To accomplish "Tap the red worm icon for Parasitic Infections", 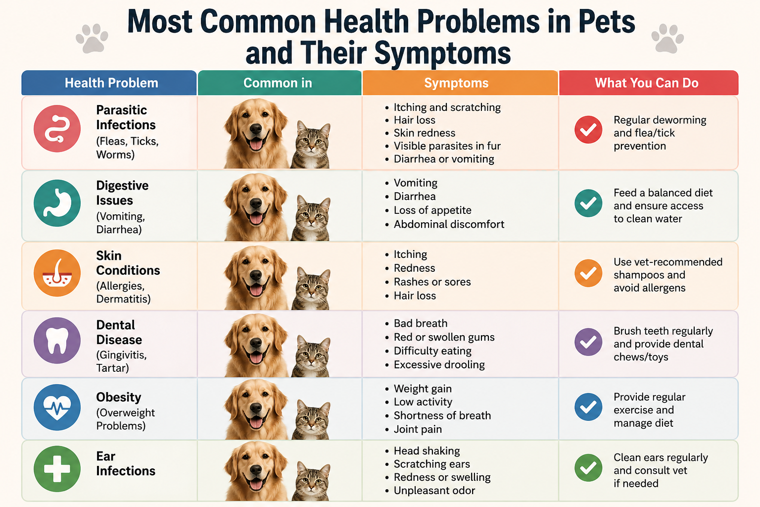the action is point(57,129).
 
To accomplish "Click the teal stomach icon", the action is point(57,203).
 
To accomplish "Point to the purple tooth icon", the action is point(57,341).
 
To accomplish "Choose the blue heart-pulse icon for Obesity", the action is point(57,407).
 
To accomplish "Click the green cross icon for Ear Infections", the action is point(57,469).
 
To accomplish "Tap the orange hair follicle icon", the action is point(57,273).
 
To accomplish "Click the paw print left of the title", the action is point(92,38).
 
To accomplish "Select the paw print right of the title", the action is point(667,38).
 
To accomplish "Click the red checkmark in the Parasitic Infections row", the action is point(588,129).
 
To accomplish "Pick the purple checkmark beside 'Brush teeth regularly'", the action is point(588,342).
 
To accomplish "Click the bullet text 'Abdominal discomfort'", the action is point(449,224).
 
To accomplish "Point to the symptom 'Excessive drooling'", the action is point(439,365).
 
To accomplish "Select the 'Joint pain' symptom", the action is point(418,429).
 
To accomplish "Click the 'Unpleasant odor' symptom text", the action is point(434,490).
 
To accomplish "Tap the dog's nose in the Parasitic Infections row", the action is point(256,128).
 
